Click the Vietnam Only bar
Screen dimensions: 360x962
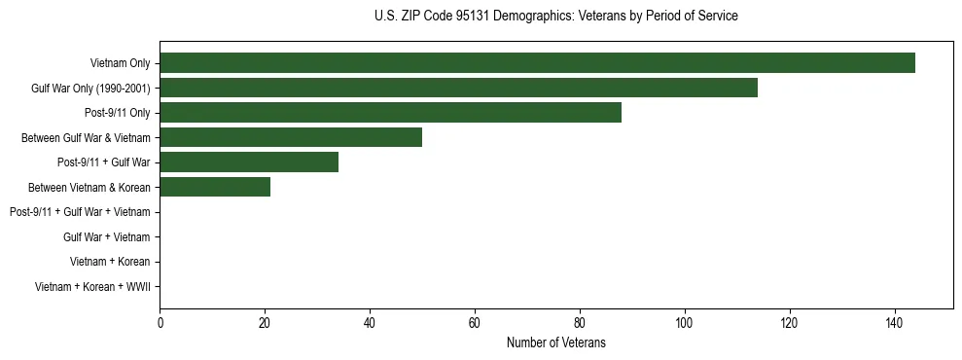point(537,63)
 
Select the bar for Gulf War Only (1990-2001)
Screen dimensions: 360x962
point(458,89)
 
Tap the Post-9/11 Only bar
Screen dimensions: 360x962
point(390,113)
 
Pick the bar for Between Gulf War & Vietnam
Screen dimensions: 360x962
point(291,137)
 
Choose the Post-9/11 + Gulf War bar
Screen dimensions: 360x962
point(249,162)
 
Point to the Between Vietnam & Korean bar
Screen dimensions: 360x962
point(215,187)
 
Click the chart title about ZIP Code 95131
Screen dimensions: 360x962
point(555,16)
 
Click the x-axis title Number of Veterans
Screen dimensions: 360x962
point(555,342)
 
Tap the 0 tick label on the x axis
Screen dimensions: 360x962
point(160,323)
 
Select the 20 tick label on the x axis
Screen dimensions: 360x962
point(265,323)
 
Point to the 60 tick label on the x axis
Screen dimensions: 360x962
point(475,323)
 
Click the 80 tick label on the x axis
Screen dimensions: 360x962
point(580,323)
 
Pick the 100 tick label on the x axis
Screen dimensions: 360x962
point(685,323)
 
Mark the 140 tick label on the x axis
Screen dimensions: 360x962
point(895,323)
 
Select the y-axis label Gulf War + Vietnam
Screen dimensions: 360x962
point(106,236)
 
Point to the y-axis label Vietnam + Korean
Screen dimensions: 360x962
point(110,262)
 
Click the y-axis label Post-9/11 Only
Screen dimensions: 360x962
point(117,113)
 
